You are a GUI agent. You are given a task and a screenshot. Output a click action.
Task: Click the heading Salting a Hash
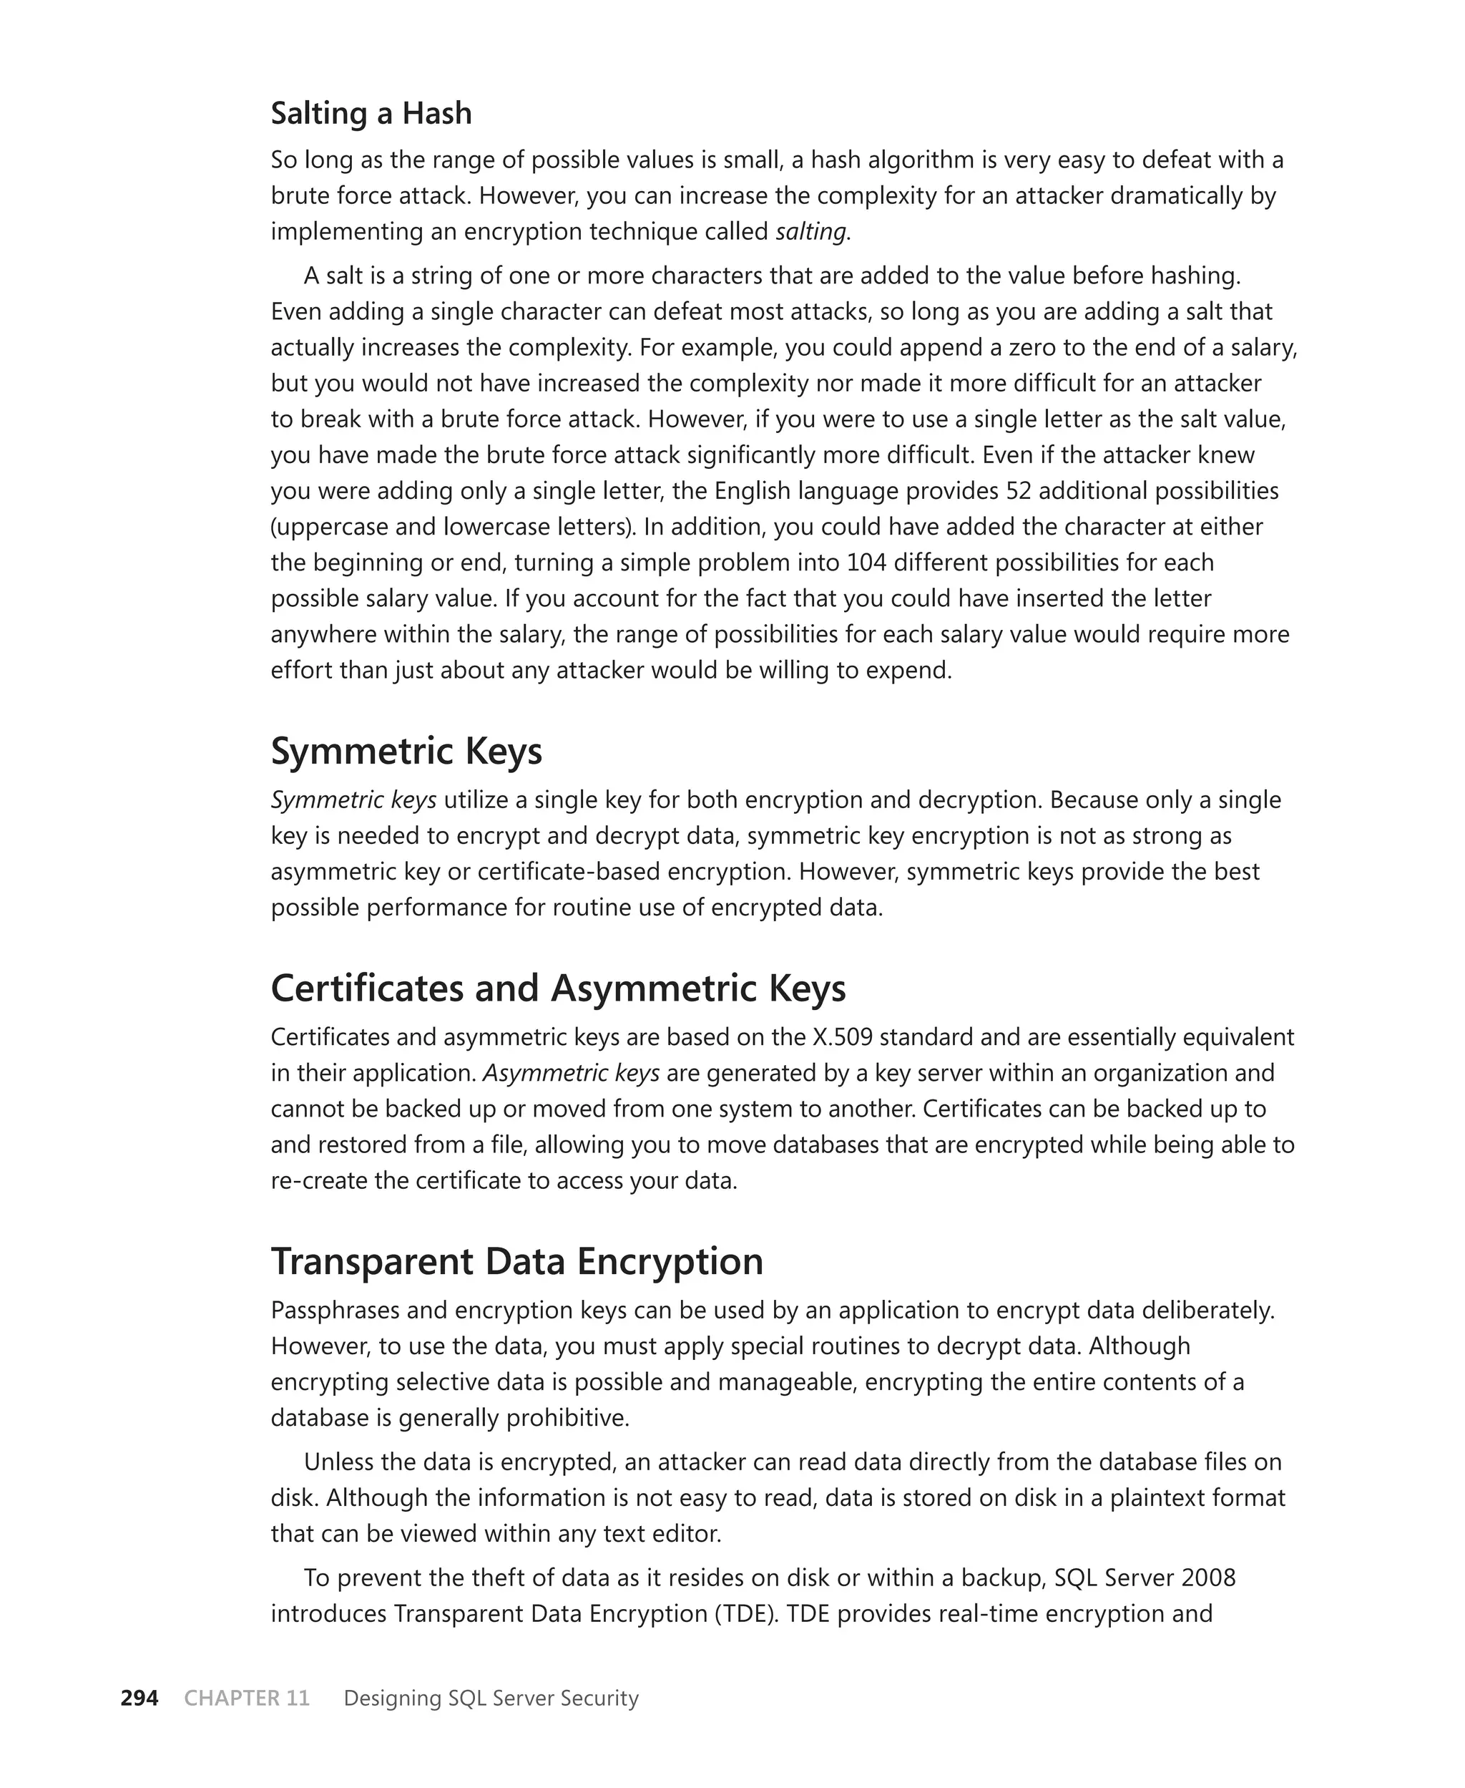371,113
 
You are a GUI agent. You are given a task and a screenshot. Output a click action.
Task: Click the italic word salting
811,232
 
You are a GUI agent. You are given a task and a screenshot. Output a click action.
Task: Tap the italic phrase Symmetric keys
353,800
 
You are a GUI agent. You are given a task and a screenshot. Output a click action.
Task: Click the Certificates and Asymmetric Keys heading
558,988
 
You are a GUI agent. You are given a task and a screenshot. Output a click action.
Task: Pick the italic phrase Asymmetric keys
572,1074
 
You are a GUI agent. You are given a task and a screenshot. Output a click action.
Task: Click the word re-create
319,1181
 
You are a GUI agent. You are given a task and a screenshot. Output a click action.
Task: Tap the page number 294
139,1699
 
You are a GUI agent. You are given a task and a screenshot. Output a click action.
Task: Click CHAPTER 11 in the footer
246,1699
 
